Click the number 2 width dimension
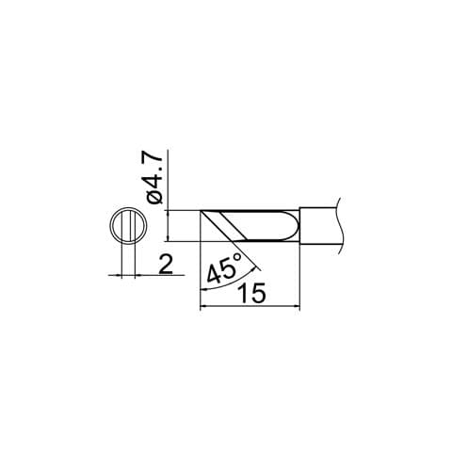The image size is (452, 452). pyautogui.click(x=165, y=265)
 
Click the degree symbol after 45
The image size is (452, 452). pyautogui.click(x=236, y=257)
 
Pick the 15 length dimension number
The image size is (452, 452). pyautogui.click(x=252, y=293)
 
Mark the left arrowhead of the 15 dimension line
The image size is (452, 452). pyautogui.click(x=205, y=305)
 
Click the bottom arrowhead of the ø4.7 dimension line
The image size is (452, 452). pyautogui.click(x=168, y=246)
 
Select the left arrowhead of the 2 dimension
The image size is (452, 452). pyautogui.click(x=117, y=275)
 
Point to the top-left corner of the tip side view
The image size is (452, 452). pyautogui.click(x=202, y=210)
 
